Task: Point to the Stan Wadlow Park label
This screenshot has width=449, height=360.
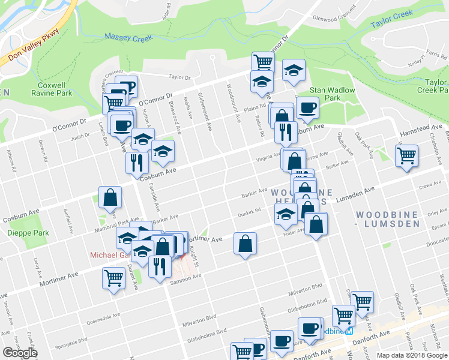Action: click(x=332, y=94)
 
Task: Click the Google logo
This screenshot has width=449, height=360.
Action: click(x=20, y=353)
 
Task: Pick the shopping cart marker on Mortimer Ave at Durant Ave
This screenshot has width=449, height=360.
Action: click(x=114, y=278)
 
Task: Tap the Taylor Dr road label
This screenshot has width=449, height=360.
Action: click(x=179, y=77)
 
